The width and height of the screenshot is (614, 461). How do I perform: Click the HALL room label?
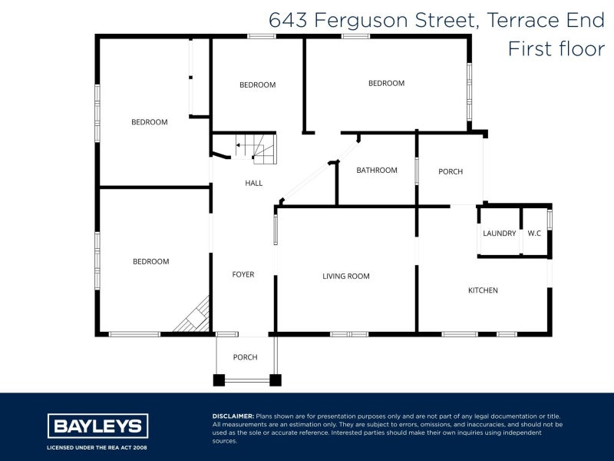253,184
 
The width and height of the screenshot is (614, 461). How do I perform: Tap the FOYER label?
243,274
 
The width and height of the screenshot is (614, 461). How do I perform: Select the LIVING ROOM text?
346,276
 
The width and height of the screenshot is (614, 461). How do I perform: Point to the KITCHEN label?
484,290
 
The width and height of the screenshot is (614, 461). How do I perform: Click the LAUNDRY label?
499,234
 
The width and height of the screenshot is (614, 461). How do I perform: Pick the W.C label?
535,234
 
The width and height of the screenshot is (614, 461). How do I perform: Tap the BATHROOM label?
377,171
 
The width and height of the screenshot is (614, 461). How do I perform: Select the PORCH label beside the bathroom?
451,171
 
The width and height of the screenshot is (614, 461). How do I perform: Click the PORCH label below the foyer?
245,357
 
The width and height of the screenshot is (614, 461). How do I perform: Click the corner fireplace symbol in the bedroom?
194,317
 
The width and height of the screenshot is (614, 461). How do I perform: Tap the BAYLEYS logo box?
98,426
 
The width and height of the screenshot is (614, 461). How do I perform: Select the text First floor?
556,49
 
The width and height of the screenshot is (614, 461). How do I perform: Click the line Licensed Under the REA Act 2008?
98,447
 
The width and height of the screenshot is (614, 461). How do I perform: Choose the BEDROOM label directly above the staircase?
257,85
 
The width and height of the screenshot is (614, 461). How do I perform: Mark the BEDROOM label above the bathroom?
386,84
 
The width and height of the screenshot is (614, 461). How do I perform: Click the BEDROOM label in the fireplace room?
150,262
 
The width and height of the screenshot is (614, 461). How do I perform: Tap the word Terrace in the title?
517,21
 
